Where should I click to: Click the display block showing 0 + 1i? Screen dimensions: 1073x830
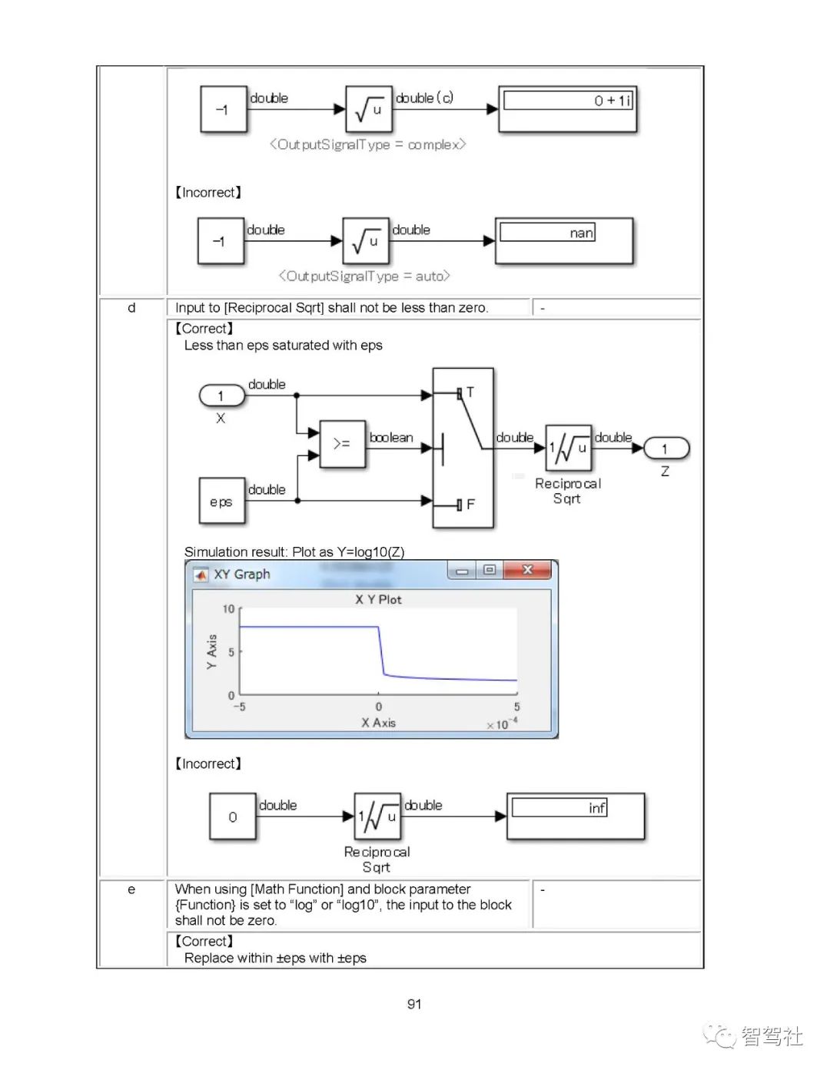pyautogui.click(x=568, y=109)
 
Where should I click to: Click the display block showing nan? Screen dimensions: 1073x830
pyautogui.click(x=564, y=240)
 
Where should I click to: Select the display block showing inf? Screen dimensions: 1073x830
pyautogui.click(x=576, y=816)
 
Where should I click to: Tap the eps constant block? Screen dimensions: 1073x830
pyautogui.click(x=221, y=501)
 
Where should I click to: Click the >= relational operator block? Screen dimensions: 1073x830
pyautogui.click(x=342, y=443)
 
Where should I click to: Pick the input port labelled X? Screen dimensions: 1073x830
pyautogui.click(x=221, y=396)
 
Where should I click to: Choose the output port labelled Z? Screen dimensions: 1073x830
pyautogui.click(x=665, y=448)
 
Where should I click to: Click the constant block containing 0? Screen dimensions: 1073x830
pyautogui.click(x=232, y=816)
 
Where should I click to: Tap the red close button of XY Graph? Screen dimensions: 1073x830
pyautogui.click(x=527, y=570)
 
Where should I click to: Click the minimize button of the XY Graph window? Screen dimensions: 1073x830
pyautogui.click(x=462, y=571)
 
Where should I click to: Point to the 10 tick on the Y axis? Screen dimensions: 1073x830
pyautogui.click(x=228, y=609)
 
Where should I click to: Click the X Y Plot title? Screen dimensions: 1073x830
pyautogui.click(x=378, y=599)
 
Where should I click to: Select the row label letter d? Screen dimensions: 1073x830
pyautogui.click(x=131, y=307)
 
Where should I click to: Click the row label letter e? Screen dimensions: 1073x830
pyautogui.click(x=131, y=889)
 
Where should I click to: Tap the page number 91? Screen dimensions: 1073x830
pyautogui.click(x=414, y=1004)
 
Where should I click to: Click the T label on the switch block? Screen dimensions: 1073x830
pyautogui.click(x=470, y=392)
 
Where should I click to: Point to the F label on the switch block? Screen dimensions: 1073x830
pyautogui.click(x=470, y=505)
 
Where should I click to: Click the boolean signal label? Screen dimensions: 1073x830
pyautogui.click(x=391, y=437)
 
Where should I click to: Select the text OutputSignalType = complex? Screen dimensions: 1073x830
pyautogui.click(x=367, y=144)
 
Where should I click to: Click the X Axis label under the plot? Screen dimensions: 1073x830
pyautogui.click(x=378, y=723)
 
